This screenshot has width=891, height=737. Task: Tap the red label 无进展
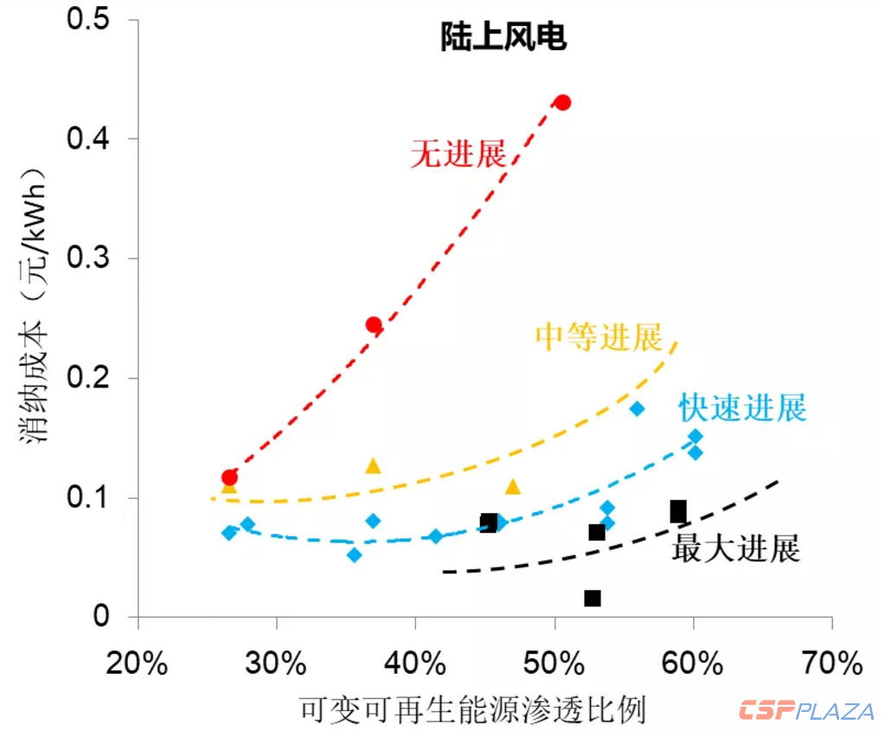pyautogui.click(x=458, y=155)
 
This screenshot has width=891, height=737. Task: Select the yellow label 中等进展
pyautogui.click(x=599, y=336)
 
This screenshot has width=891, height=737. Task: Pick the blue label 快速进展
pyautogui.click(x=742, y=407)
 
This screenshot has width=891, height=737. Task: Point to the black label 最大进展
pyautogui.click(x=735, y=549)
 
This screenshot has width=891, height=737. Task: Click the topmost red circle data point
pyautogui.click(x=562, y=102)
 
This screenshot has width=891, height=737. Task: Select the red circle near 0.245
pyautogui.click(x=374, y=325)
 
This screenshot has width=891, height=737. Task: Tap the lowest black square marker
pyautogui.click(x=593, y=599)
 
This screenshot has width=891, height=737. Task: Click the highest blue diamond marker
pyautogui.click(x=637, y=409)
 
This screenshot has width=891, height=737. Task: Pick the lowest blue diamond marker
pyautogui.click(x=354, y=554)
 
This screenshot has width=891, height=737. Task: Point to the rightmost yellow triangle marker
pyautogui.click(x=513, y=487)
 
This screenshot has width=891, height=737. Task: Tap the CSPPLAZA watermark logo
pyautogui.click(x=806, y=711)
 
